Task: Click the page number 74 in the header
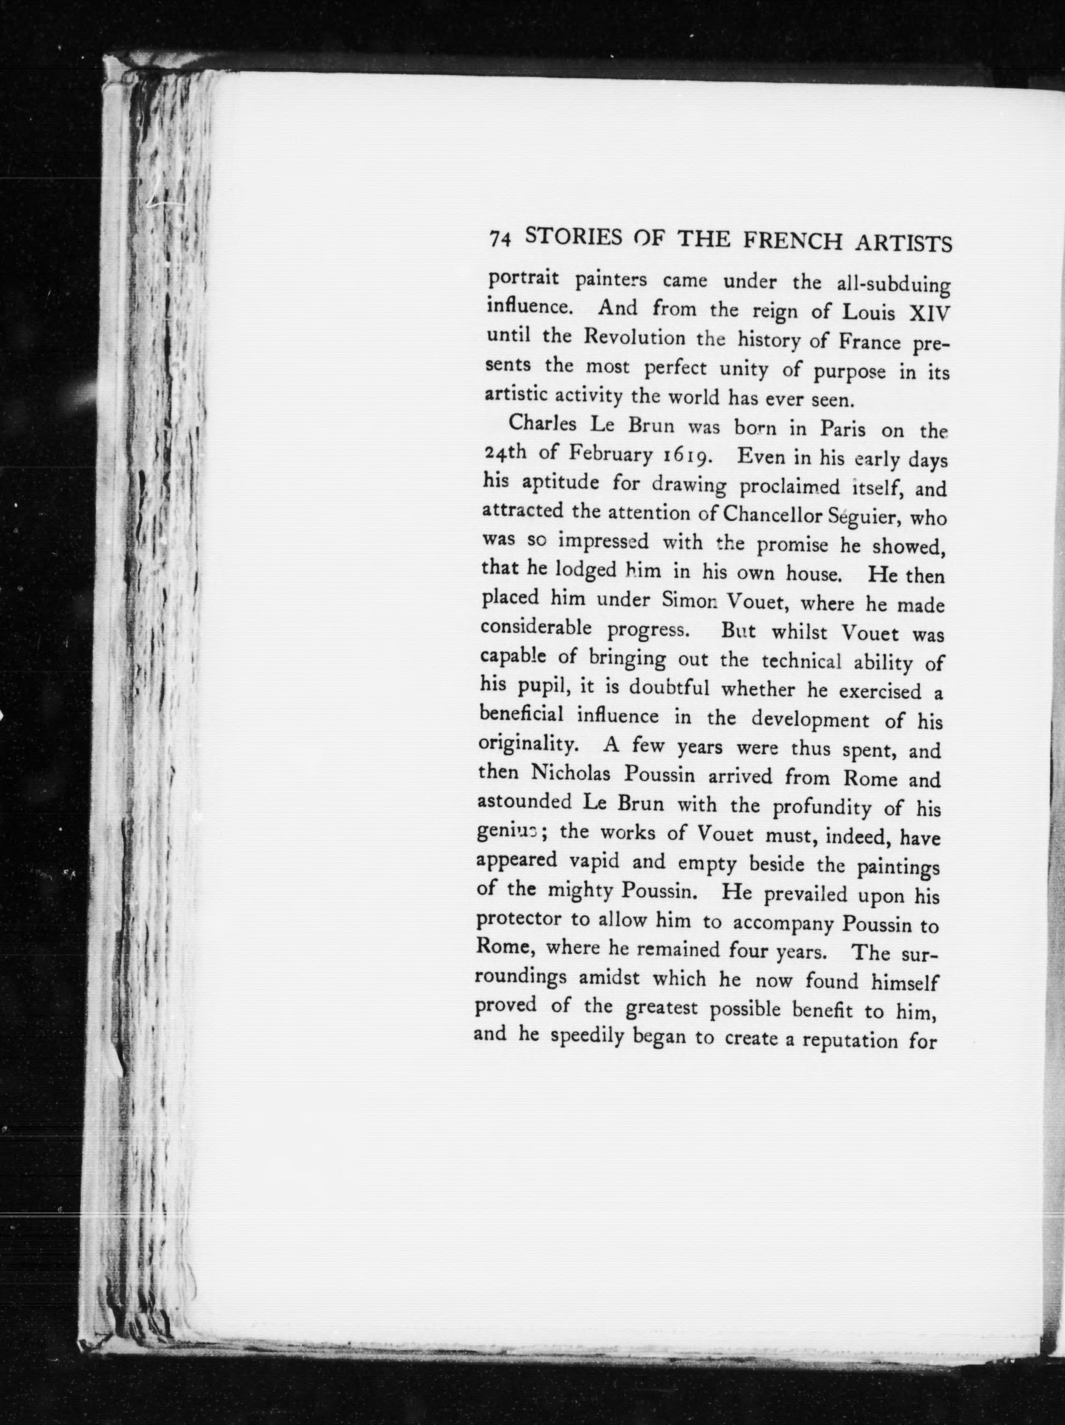click(500, 238)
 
